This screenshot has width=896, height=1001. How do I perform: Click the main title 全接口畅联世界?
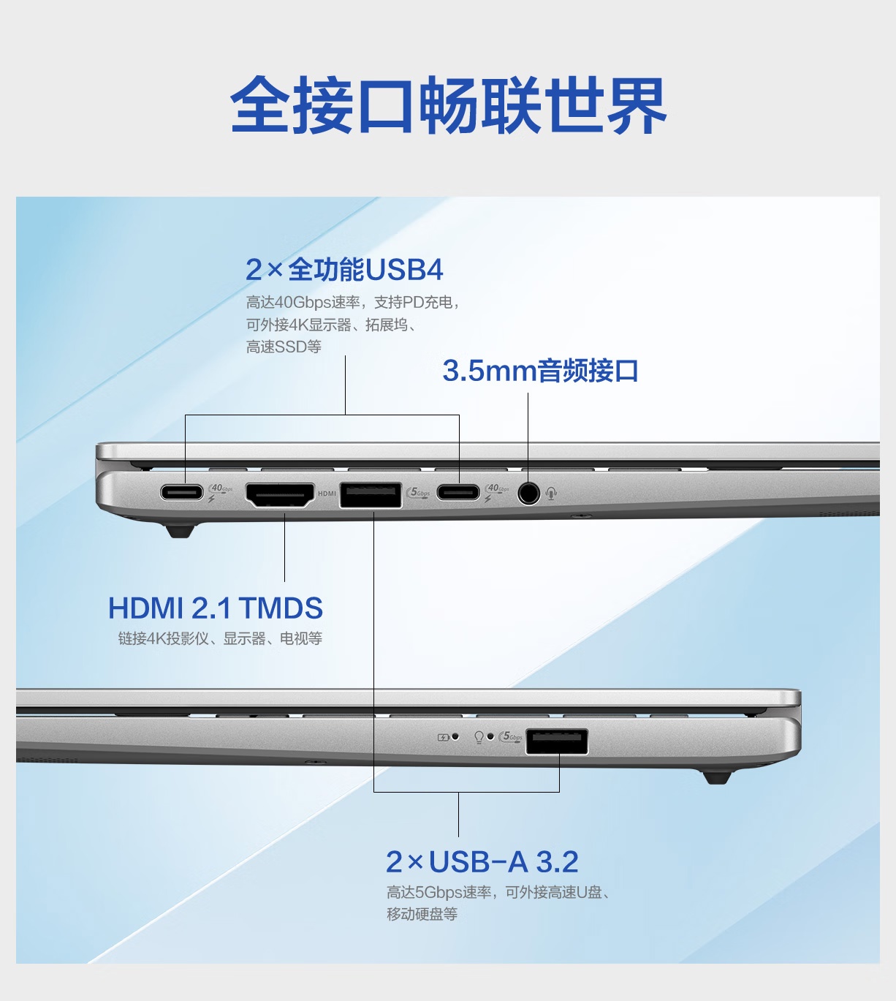[448, 105]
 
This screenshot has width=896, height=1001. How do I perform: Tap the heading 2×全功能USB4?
[344, 270]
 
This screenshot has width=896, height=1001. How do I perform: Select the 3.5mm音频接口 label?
[540, 371]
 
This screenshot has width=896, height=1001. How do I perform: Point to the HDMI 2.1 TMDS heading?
[216, 608]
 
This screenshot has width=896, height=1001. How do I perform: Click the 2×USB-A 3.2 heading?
[482, 862]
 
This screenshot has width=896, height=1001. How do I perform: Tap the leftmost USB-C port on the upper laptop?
[182, 492]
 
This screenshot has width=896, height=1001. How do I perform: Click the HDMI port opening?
[280, 494]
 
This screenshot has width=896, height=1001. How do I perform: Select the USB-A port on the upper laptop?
[371, 495]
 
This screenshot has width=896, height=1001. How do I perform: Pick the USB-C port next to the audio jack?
[458, 492]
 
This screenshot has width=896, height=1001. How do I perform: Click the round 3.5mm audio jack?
[528, 493]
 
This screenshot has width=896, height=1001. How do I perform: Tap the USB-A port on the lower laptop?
[557, 741]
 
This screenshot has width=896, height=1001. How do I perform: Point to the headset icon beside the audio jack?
[551, 493]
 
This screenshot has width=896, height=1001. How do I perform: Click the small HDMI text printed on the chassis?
[327, 494]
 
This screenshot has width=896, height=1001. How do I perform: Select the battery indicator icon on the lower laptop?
[443, 738]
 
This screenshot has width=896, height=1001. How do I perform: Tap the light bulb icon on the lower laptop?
[479, 737]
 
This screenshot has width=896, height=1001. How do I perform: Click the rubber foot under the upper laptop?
[180, 531]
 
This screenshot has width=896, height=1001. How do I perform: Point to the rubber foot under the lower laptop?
[717, 778]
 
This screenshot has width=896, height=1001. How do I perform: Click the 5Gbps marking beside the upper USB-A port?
[418, 493]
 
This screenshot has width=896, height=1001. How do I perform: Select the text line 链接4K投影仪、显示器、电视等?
[220, 638]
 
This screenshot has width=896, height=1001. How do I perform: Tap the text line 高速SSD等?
[284, 347]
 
